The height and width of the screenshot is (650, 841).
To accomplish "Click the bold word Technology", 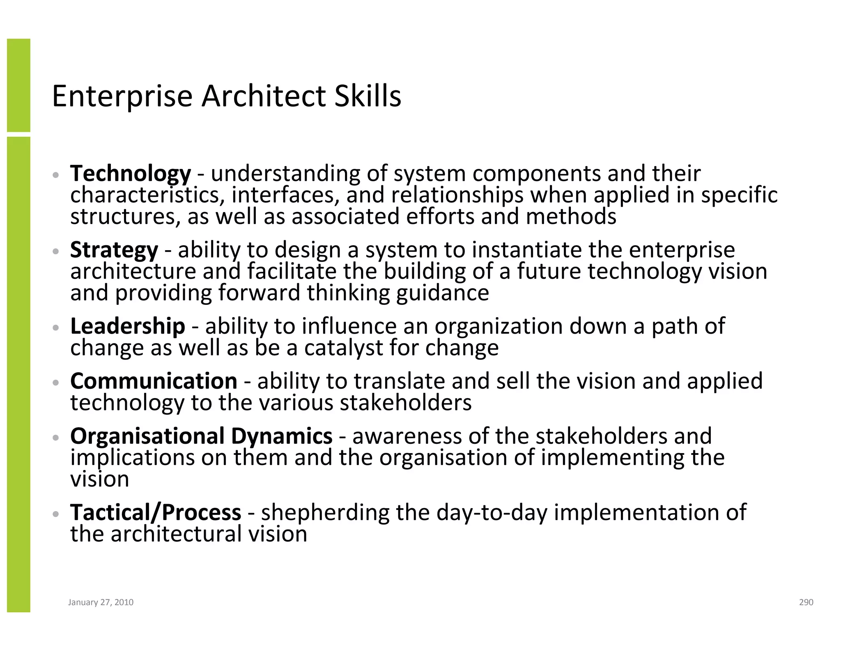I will pos(130,173).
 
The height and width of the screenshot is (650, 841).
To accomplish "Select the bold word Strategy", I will pos(114,250).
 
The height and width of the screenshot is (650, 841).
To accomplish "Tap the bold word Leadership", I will pos(127,326).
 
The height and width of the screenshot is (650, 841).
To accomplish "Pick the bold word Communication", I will pos(154,381).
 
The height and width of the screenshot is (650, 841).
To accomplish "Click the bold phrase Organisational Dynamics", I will pos(201,436).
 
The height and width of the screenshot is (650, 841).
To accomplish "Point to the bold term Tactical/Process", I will pos(156,512).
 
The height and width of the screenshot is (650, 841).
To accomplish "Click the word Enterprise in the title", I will pos(122,96).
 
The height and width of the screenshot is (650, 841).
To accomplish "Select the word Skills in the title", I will pos(368,96).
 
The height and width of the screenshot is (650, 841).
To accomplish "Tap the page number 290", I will pos(806,602).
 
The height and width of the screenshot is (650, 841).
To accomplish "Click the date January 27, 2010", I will pos(101,602).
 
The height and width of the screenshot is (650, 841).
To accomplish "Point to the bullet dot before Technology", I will pos(56,175).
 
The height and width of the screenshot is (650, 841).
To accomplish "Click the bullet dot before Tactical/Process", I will pos(56,514).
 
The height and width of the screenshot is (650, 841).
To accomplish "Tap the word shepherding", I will pos(325,513).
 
